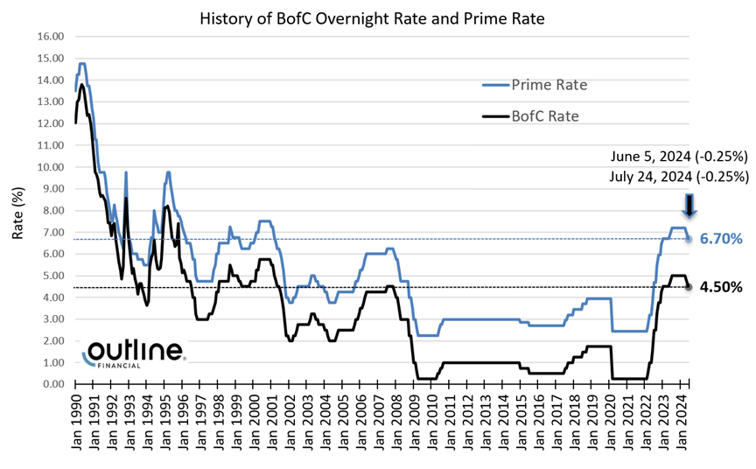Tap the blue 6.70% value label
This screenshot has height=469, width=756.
pyautogui.click(x=720, y=239)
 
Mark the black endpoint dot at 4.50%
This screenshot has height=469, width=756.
pyautogui.click(x=689, y=286)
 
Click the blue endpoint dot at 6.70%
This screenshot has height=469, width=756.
pyautogui.click(x=689, y=239)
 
